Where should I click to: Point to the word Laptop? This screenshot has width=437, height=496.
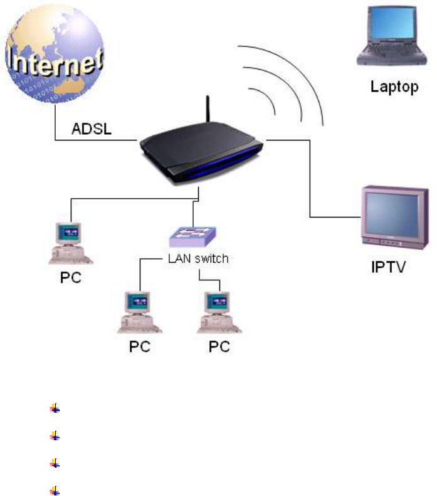tap(394, 87)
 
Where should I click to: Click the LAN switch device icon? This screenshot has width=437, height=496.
tap(193, 237)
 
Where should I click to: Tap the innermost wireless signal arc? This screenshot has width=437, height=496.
tap(268, 100)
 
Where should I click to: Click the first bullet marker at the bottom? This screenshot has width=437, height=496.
tap(55, 409)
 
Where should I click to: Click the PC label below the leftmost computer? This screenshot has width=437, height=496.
tap(70, 277)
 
